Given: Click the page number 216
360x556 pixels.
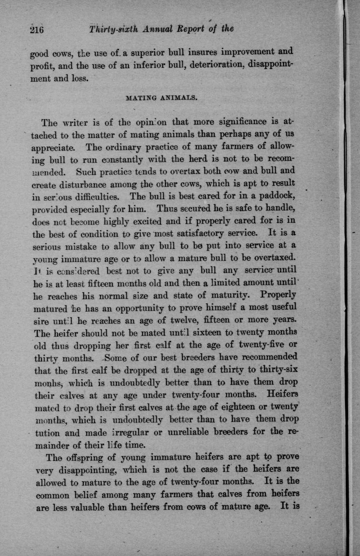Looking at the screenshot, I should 36,30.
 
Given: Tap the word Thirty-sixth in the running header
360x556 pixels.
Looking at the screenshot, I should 114,29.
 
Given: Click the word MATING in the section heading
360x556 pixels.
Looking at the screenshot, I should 143,98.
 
